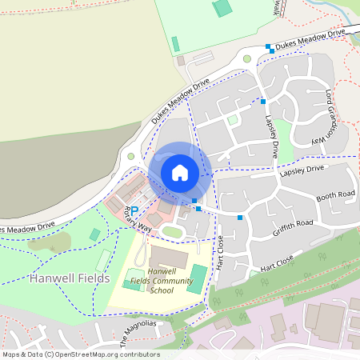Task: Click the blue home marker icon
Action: coord(180,173)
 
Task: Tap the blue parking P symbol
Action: coord(134,210)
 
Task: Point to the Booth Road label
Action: coord(334,196)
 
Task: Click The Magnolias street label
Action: coord(137,330)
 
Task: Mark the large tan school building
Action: coord(166,258)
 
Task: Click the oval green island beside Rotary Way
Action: coord(172,231)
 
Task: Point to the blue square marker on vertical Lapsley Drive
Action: coord(263,101)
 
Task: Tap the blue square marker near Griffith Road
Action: coord(240,217)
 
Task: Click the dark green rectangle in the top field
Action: coord(222,9)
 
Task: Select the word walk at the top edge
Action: coord(278,7)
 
